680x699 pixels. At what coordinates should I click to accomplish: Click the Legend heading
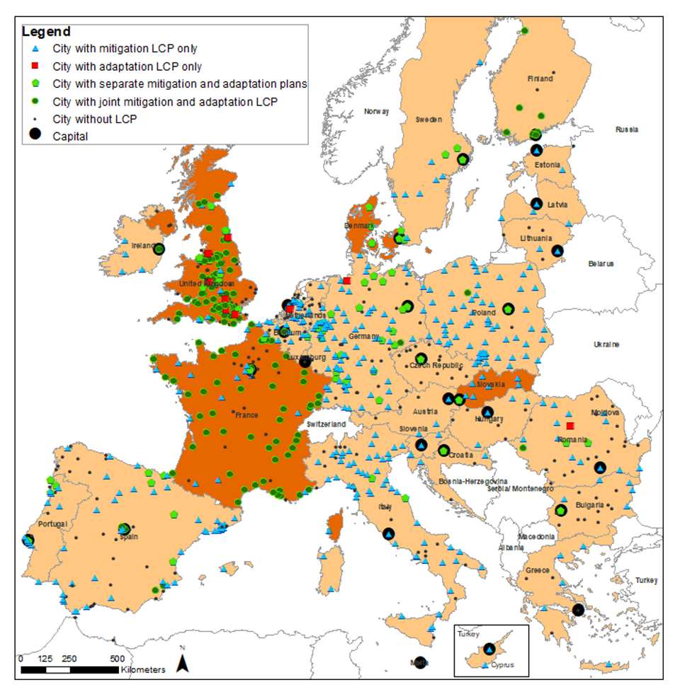click(x=47, y=32)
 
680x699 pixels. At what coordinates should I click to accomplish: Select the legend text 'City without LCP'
click(x=94, y=119)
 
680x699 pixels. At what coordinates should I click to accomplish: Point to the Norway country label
click(x=377, y=112)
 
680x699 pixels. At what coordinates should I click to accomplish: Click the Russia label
click(x=626, y=129)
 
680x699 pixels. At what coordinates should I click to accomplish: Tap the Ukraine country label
click(x=606, y=345)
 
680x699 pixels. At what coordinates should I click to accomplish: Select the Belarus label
click(x=601, y=263)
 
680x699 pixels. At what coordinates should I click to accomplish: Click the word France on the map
click(x=247, y=415)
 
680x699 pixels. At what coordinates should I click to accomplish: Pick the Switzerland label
click(x=326, y=424)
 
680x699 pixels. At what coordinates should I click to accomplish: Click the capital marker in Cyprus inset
click(x=489, y=649)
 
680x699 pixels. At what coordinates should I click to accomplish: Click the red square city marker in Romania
click(x=570, y=426)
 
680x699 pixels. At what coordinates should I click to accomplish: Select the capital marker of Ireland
click(x=159, y=249)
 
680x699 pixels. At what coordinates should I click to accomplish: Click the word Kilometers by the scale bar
click(x=143, y=670)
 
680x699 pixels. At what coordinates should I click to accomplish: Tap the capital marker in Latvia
click(x=536, y=203)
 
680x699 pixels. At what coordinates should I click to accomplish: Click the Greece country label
click(x=536, y=570)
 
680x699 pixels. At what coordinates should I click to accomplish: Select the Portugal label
click(x=53, y=524)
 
